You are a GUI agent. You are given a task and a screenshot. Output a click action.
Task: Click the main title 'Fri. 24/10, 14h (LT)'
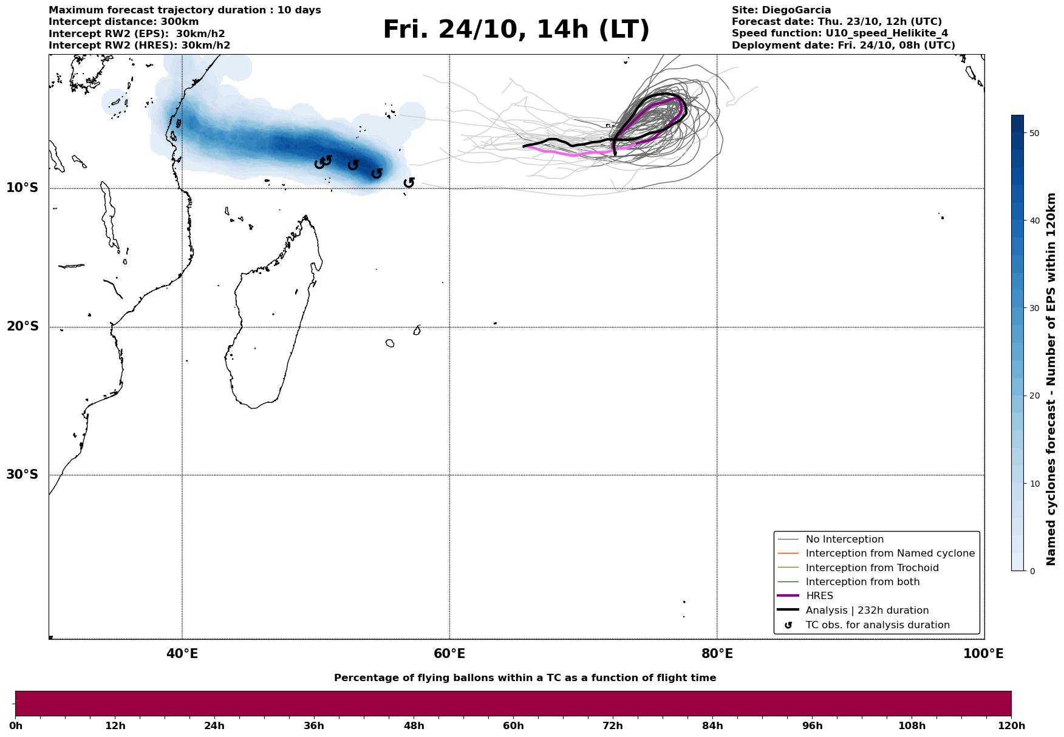click(x=516, y=30)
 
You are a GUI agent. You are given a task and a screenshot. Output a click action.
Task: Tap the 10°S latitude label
click(x=22, y=188)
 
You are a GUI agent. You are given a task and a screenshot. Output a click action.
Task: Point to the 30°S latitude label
click(x=22, y=475)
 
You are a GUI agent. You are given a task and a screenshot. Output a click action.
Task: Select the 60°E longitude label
click(x=449, y=654)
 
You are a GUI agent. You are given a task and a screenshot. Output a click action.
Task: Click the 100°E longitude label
click(x=983, y=654)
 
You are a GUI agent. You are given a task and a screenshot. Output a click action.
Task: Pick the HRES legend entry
click(x=819, y=596)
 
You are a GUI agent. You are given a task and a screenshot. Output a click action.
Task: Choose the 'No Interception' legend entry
click(x=844, y=540)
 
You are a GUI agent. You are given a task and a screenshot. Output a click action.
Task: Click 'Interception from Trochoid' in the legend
click(x=871, y=568)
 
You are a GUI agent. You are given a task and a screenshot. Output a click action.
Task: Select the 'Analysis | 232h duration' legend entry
click(x=867, y=611)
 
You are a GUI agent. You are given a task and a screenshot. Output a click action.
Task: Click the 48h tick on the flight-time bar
click(x=414, y=726)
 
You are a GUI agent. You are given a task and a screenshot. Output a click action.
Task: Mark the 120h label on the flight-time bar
click(x=1011, y=726)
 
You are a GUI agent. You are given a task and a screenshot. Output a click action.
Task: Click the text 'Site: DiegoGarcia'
click(x=781, y=10)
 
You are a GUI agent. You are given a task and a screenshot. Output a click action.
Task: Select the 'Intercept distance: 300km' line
click(x=123, y=22)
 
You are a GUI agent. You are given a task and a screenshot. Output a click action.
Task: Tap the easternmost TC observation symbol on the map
click(x=409, y=182)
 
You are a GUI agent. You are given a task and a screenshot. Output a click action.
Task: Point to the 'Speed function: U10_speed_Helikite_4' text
click(x=839, y=33)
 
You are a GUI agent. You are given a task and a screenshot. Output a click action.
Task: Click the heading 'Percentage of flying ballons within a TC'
click(x=525, y=678)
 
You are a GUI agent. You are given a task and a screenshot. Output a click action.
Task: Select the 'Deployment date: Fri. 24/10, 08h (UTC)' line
click(x=843, y=46)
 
